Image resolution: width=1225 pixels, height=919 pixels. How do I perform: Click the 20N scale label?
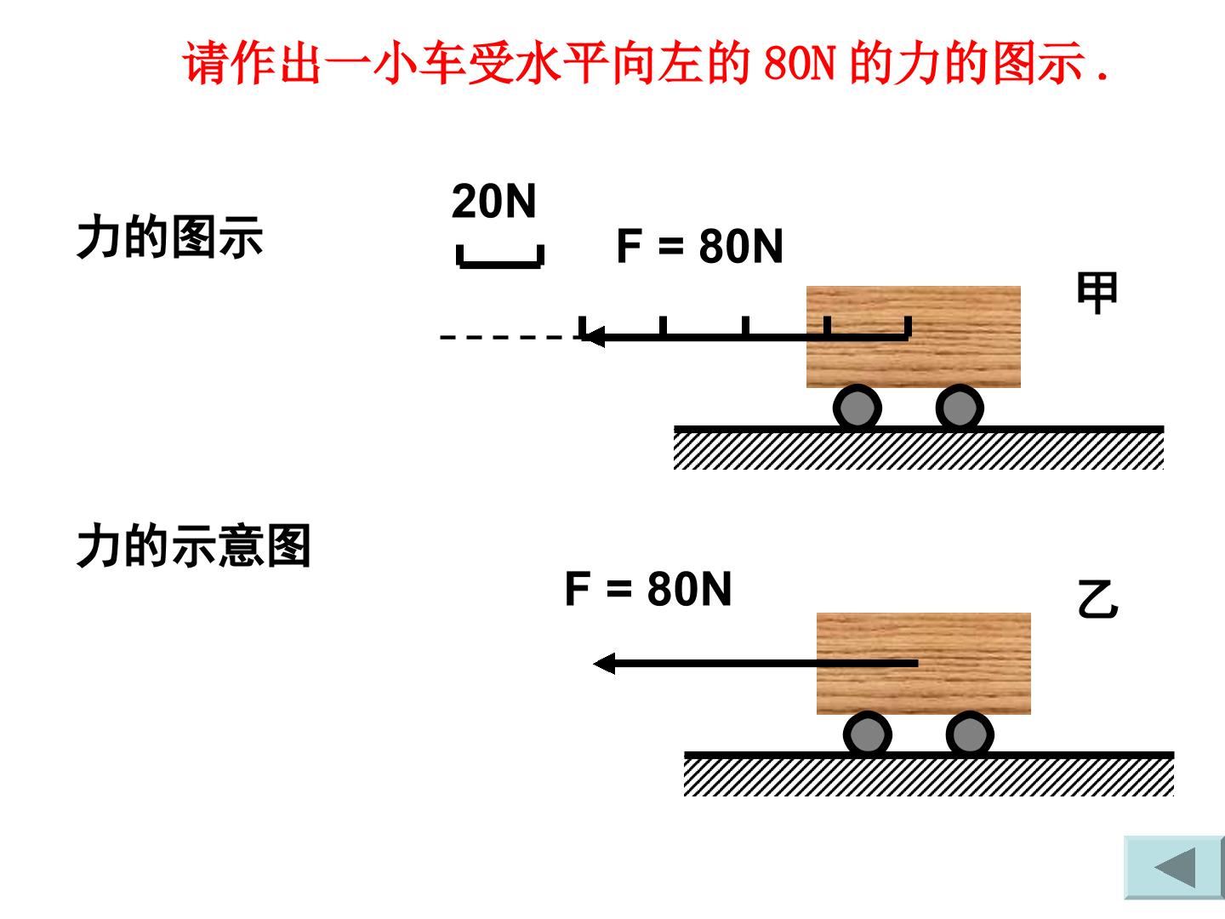494,201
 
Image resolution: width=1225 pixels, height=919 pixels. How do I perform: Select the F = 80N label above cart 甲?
700,246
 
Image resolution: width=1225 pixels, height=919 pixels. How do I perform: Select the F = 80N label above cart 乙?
648,589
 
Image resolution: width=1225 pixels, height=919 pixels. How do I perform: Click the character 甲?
1097,293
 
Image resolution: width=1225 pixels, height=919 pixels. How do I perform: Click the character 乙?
1097,599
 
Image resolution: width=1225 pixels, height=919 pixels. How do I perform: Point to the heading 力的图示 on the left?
169,237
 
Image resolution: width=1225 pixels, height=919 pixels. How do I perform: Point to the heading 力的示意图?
193,545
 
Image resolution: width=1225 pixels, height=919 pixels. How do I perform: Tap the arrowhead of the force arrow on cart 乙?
604,664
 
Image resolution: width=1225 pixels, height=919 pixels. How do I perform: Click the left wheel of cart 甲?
857,408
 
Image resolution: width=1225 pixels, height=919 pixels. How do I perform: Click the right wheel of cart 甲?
960,408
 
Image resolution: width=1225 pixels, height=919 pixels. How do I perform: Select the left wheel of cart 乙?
867,734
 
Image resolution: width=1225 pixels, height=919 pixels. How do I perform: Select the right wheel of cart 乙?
970,734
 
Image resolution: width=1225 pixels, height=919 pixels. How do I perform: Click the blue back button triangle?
1175,868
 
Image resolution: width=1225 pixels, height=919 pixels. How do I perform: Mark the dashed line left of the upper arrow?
510,337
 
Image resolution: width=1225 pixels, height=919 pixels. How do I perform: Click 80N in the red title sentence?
799,63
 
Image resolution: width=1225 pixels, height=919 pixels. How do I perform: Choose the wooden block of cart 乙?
924,664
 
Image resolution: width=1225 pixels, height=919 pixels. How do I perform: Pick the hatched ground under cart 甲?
919,448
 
